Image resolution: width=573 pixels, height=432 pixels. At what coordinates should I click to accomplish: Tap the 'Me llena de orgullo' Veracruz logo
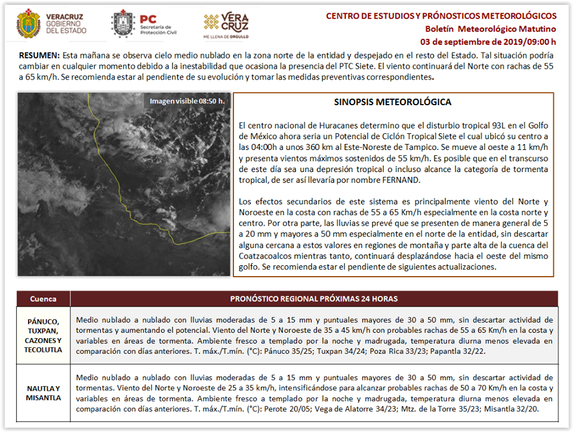226,24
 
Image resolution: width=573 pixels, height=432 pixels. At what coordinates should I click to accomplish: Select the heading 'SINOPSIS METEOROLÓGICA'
393,102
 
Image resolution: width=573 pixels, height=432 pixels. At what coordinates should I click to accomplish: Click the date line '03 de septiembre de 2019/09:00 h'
488,42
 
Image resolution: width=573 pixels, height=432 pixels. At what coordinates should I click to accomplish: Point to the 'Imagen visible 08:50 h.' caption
187,101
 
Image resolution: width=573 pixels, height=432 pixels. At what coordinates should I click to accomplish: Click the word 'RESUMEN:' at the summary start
39,55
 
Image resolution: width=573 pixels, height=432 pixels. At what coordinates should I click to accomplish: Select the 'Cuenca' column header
43,299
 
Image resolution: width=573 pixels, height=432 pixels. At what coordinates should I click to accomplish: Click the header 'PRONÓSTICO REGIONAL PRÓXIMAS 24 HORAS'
314,299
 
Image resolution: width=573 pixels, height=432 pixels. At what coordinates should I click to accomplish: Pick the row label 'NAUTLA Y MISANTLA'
43,393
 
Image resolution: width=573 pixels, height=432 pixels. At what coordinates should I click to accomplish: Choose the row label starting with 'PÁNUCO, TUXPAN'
43,336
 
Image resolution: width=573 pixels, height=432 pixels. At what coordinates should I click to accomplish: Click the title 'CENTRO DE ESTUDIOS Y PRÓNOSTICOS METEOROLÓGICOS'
441,16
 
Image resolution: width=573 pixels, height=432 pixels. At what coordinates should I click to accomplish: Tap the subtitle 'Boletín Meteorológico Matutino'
491,29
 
